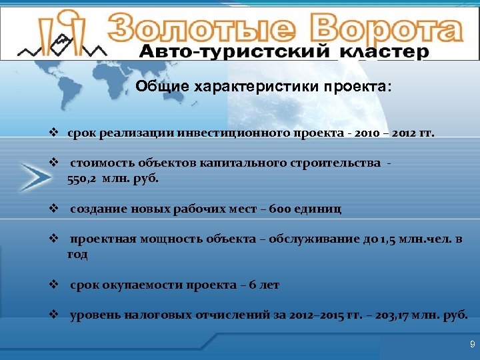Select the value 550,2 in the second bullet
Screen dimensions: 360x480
point(83,179)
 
